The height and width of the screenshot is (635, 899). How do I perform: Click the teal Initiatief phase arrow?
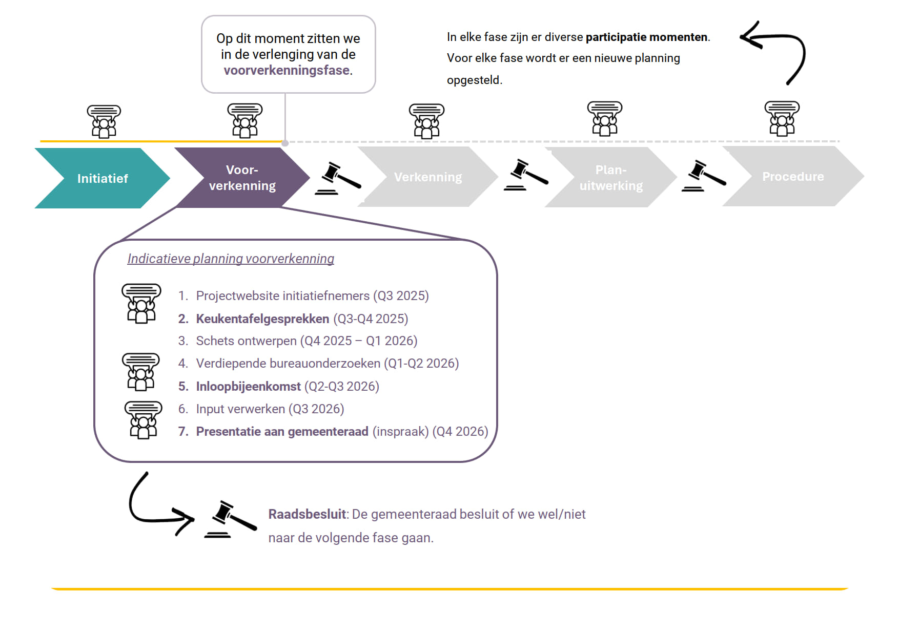click(x=103, y=178)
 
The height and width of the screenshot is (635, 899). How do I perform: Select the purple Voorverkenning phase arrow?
click(x=242, y=178)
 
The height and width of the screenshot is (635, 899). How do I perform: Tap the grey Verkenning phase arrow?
click(x=428, y=177)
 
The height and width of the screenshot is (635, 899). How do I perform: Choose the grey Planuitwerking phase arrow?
click(x=611, y=177)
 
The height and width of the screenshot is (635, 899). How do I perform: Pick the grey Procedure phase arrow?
click(x=793, y=176)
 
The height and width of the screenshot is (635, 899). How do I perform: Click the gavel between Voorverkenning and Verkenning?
click(x=338, y=179)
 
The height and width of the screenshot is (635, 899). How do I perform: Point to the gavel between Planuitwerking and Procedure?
click(x=704, y=176)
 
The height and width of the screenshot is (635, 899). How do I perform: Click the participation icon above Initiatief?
click(x=104, y=121)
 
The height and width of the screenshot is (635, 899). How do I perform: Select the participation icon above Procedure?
click(x=782, y=118)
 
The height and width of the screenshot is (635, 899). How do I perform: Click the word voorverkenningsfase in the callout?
click(x=287, y=70)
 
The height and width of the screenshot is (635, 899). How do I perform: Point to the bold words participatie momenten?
click(x=646, y=37)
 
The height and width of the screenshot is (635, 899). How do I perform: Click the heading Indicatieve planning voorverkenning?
click(x=231, y=259)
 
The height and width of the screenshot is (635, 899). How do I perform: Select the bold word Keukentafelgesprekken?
click(x=262, y=319)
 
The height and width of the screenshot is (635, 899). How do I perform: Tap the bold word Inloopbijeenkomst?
click(x=249, y=386)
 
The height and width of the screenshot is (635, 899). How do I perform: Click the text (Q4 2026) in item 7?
click(x=460, y=431)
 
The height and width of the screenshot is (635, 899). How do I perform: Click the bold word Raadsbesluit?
click(x=308, y=514)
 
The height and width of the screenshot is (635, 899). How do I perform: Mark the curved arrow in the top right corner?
click(x=773, y=53)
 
